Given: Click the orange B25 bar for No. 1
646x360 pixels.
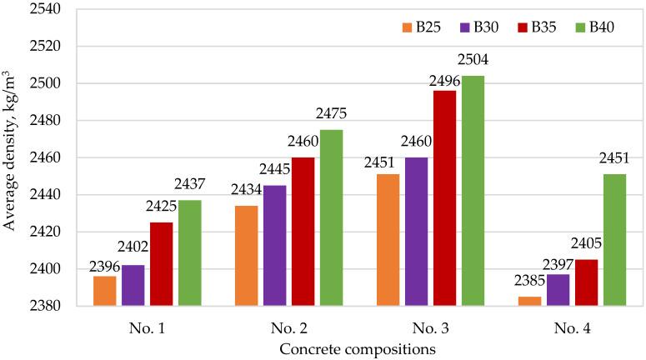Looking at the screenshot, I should (104, 291).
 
